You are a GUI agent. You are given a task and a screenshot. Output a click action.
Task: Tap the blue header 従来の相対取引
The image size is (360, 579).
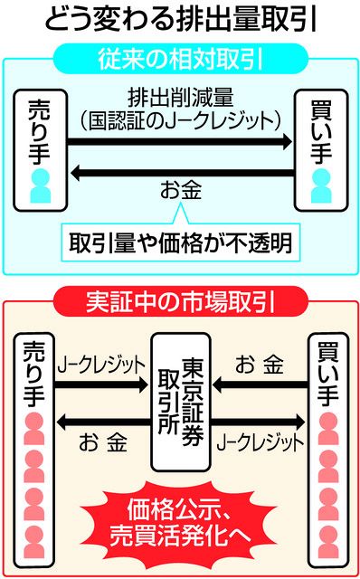[179, 60]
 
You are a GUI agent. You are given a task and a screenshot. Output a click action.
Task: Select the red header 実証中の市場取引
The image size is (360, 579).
[179, 299]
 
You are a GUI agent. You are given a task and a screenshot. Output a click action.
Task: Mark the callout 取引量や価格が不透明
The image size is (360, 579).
[179, 242]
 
